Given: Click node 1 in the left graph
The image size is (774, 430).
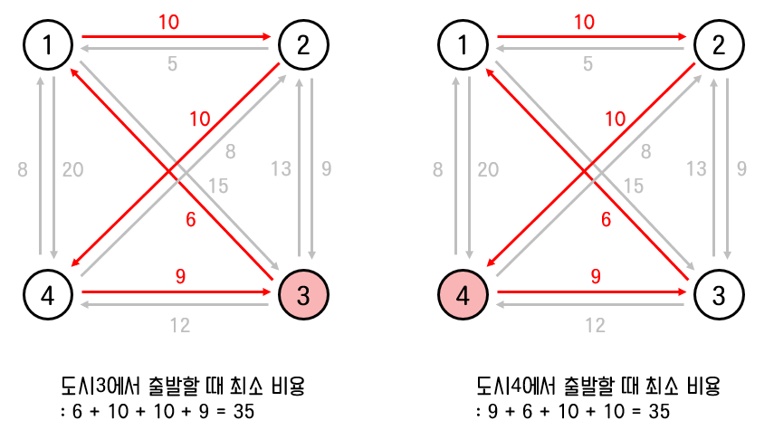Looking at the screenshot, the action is pos(47,43).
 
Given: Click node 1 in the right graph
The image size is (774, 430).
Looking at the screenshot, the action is pos(462,43).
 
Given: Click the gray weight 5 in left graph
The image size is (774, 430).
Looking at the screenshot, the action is pos(170,64).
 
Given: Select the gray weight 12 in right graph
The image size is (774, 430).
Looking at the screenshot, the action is pos(594,325).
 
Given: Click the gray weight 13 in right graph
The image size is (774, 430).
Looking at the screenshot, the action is pos(695,168).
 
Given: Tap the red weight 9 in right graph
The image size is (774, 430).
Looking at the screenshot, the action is pos(594,277).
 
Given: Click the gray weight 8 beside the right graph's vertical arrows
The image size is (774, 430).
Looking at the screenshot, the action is pos(438,168).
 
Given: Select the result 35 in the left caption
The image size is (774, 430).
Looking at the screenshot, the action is pos(244,412).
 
